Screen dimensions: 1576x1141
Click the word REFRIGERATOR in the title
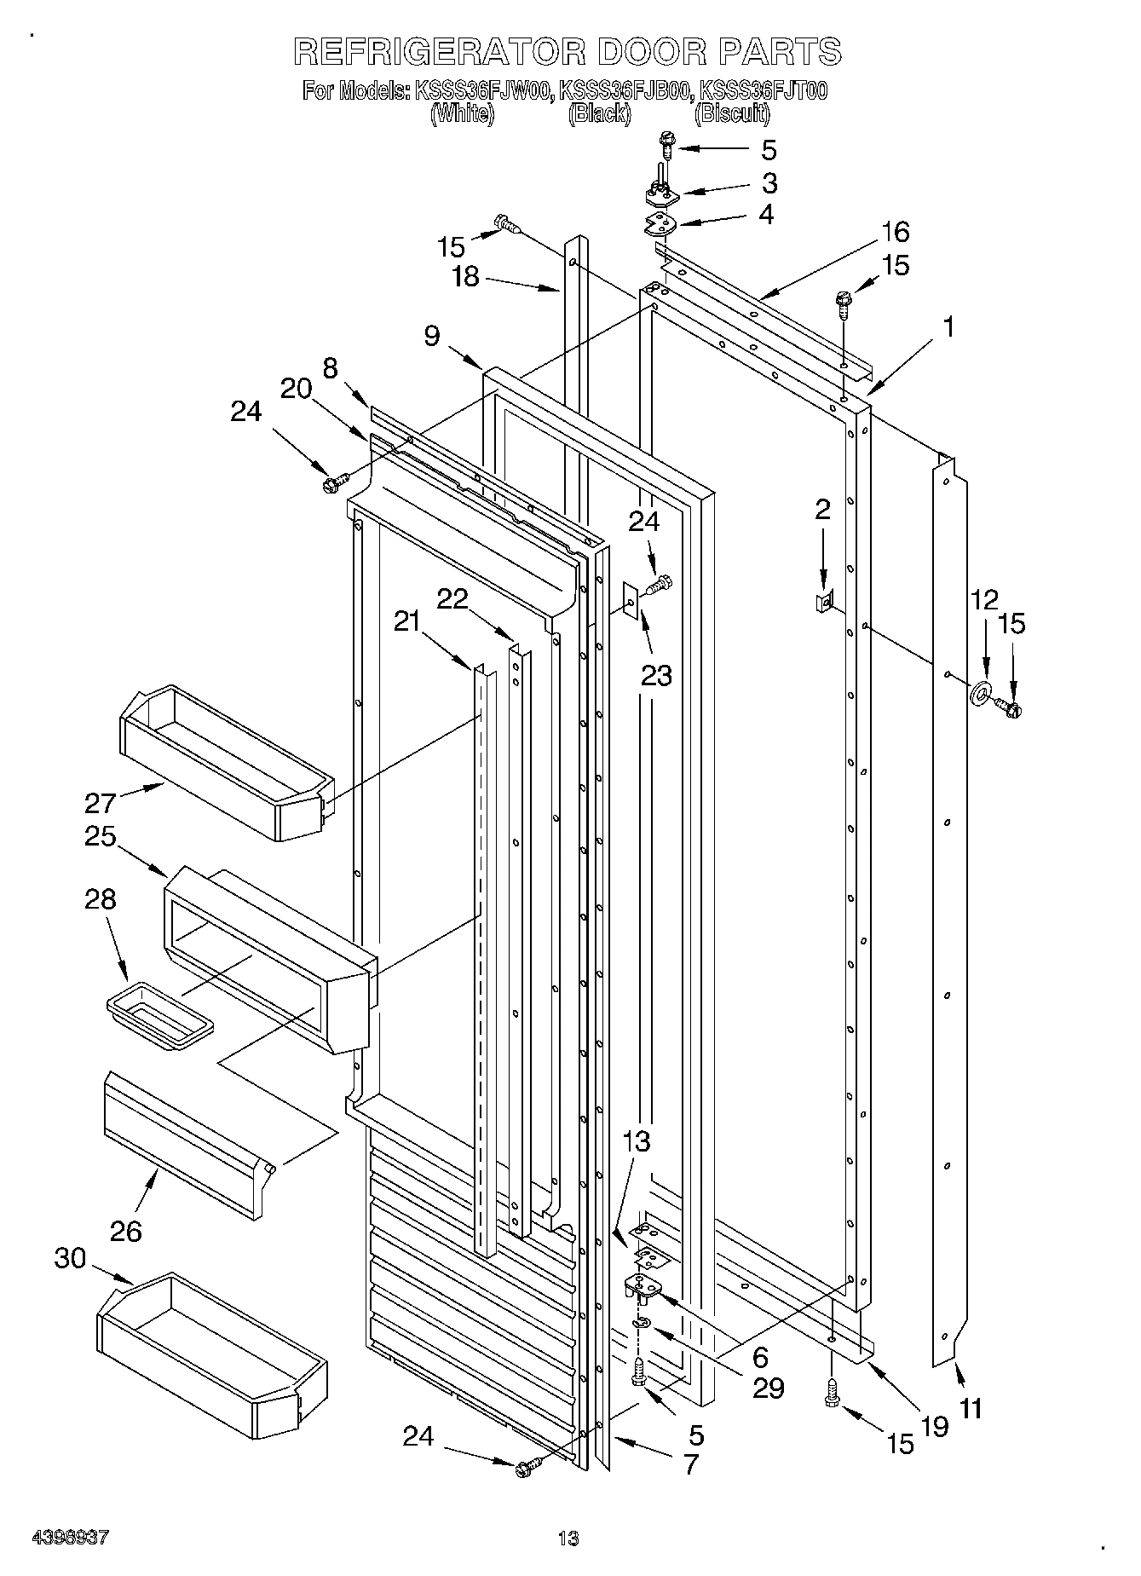pyautogui.click(x=439, y=53)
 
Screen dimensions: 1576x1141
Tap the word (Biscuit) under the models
pyautogui.click(x=731, y=113)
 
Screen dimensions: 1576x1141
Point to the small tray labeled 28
pyautogui.click(x=160, y=1013)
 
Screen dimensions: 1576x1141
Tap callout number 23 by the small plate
pyautogui.click(x=656, y=675)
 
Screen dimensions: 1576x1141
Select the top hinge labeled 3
pyautogui.click(x=660, y=195)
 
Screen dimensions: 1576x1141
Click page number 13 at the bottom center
pyautogui.click(x=568, y=1538)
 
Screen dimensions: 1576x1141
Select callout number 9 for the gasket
pyautogui.click(x=432, y=336)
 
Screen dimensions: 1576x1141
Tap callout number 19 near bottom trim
pyautogui.click(x=935, y=1426)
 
